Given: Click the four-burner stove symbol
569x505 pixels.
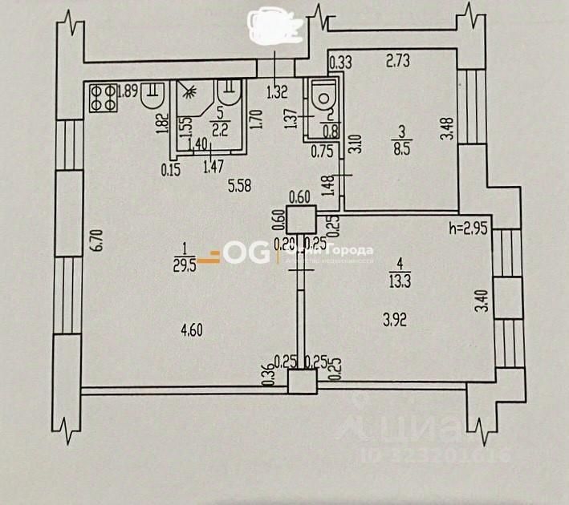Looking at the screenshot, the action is pyautogui.click(x=101, y=97).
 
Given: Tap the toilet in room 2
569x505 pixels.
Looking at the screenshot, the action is pyautogui.click(x=324, y=96).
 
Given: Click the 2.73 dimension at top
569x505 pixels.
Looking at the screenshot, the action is pyautogui.click(x=399, y=59).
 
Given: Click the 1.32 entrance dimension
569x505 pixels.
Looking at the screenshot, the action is pyautogui.click(x=277, y=92).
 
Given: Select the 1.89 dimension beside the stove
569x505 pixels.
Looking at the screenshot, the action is pyautogui.click(x=126, y=90).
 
